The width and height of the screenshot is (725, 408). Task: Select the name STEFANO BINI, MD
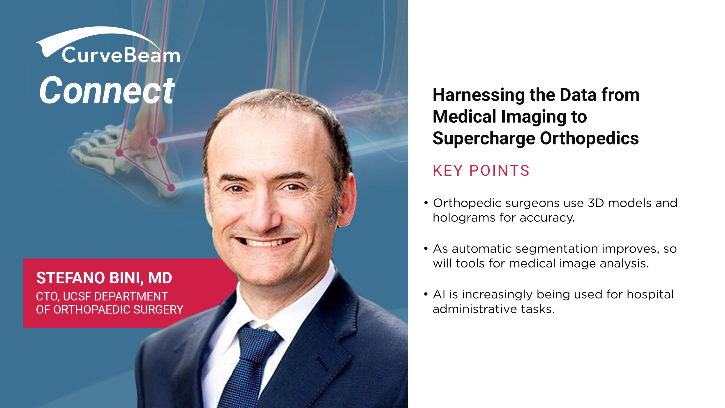coord(104,278)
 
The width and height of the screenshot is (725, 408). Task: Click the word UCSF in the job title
coord(77,297)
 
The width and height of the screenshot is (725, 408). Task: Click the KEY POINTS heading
coord(481,171)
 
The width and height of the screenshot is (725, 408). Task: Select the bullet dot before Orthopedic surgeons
coord(426,203)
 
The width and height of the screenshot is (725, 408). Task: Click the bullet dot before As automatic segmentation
coord(426,249)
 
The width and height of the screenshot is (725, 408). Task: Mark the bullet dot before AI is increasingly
coord(426,294)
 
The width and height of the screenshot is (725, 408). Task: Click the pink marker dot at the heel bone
coord(171,188)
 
